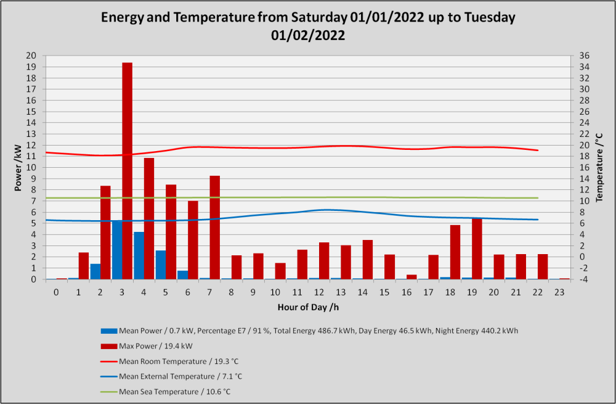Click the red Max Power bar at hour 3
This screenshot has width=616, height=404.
coord(128,171)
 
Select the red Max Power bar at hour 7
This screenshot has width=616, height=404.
coord(214,228)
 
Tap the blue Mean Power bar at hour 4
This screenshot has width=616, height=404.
coord(139,256)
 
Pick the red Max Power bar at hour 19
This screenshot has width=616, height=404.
coord(477,249)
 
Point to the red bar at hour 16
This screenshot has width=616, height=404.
coord(411,277)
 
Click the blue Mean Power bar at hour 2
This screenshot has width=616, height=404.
coord(95,271)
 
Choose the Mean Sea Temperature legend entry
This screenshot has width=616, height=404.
coord(165,392)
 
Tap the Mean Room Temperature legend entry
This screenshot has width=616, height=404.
coord(169,361)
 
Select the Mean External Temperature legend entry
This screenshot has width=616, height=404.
coord(171,376)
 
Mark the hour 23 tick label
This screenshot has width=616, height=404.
coord(559,293)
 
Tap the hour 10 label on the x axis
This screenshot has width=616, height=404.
coord(275,293)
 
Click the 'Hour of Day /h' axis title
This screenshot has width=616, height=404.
coord(308,307)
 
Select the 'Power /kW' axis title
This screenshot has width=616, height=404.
coord(18,168)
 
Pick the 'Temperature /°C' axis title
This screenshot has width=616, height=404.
coord(599,168)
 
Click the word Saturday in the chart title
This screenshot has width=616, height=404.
coord(318,18)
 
